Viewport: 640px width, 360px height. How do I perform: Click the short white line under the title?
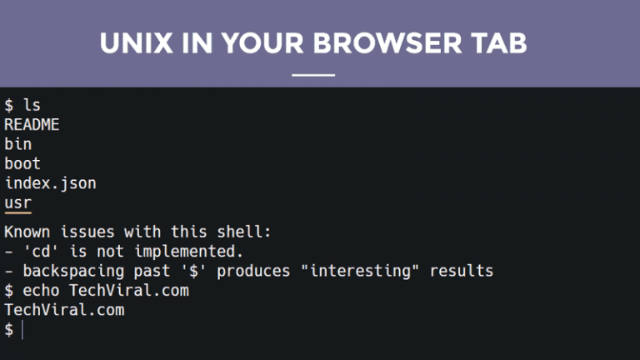coord(313,74)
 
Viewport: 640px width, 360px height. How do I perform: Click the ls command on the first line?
coord(32,106)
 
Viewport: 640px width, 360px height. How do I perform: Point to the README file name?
coord(32,125)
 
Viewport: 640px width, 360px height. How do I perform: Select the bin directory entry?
coord(18,144)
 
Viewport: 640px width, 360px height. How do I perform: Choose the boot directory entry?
coord(22,163)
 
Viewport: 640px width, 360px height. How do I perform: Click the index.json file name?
coord(50,182)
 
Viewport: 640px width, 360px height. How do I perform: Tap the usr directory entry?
coord(18,202)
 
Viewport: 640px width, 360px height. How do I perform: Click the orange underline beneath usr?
coord(18,213)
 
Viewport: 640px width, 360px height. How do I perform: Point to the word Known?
coord(27,231)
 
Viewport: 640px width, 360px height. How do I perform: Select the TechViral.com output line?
coord(64,310)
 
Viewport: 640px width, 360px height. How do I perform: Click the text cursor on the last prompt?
coord(23,330)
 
